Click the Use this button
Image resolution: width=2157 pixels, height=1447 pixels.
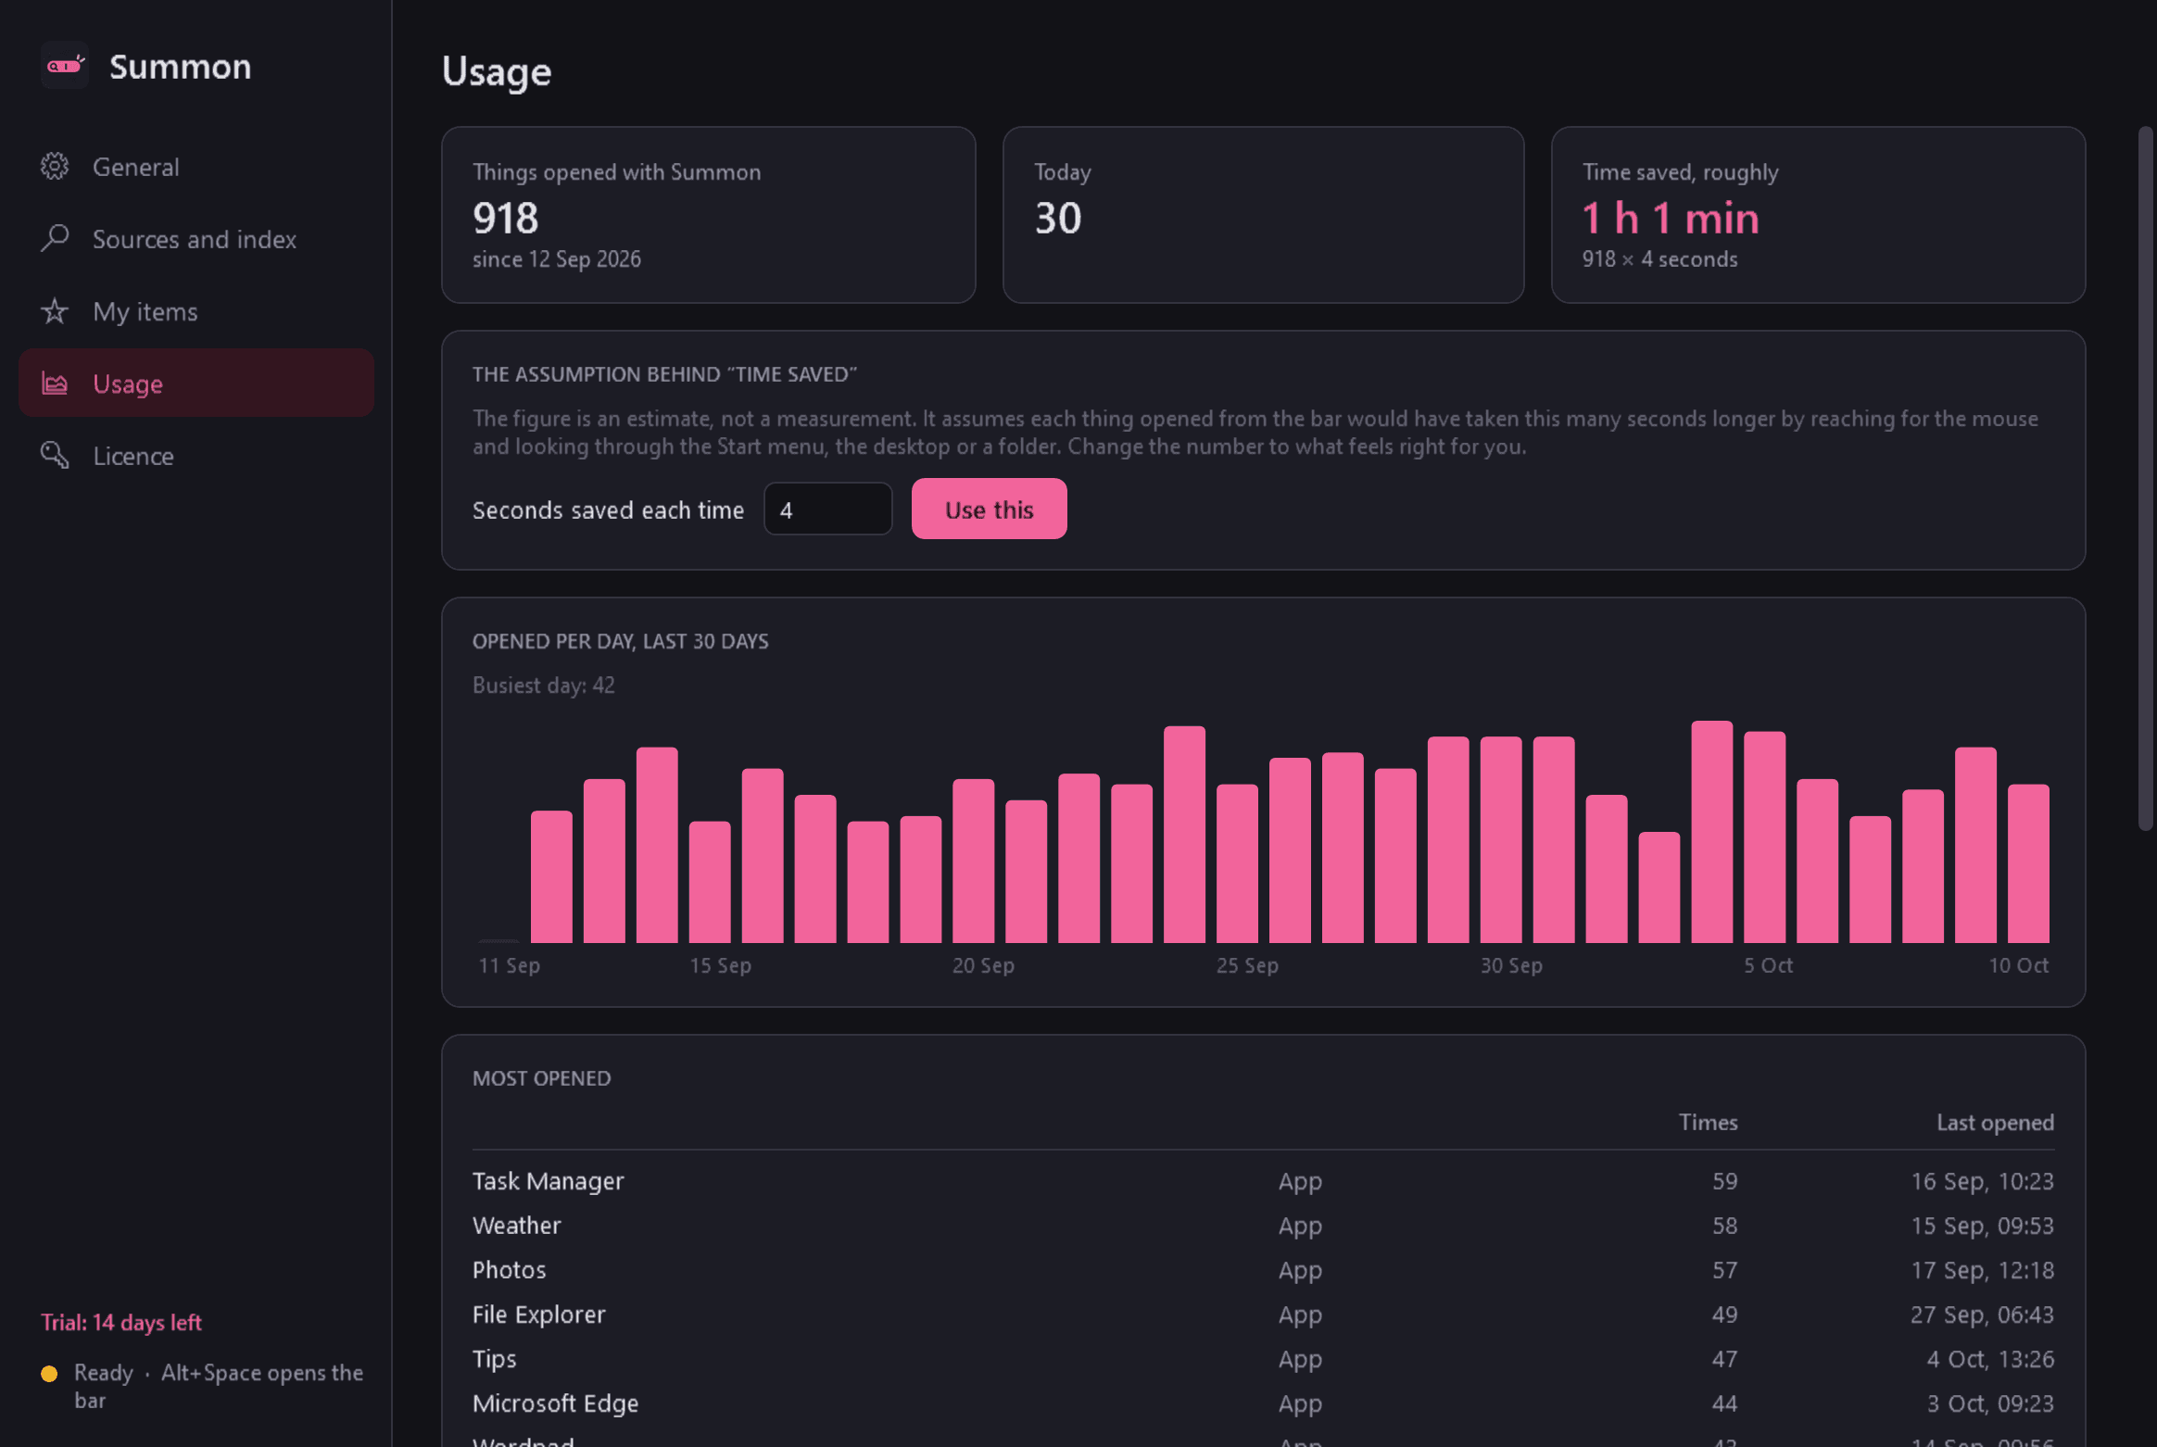[x=989, y=509]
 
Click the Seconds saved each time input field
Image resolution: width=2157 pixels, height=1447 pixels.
[x=827, y=509]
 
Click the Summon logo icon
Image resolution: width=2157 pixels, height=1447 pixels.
[x=65, y=65]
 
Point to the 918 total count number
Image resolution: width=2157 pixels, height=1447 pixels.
[x=505, y=219]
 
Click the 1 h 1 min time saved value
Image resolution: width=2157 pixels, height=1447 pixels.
[x=1671, y=219]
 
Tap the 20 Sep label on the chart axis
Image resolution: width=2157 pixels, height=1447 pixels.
[x=983, y=965]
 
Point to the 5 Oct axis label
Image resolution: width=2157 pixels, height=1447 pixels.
[x=1768, y=965]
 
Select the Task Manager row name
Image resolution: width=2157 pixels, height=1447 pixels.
[x=548, y=1181]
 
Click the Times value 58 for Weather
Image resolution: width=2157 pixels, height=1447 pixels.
[x=1724, y=1226]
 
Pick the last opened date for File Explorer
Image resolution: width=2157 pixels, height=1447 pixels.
[x=1982, y=1315]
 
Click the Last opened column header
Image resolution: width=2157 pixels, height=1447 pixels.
[x=1995, y=1123]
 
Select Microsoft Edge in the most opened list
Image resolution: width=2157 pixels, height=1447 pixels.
[x=555, y=1403]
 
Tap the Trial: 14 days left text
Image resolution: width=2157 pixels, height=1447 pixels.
[x=121, y=1322]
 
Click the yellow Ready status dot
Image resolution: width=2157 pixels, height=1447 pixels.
[x=49, y=1373]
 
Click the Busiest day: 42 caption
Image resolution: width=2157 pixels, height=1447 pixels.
[x=543, y=686]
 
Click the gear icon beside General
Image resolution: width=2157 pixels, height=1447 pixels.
[x=55, y=166]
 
